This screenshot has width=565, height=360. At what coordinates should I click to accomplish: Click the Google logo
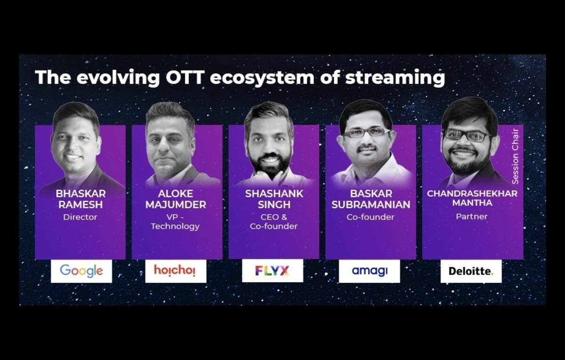pos(81,271)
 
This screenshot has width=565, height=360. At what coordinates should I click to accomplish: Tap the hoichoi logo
pos(175,270)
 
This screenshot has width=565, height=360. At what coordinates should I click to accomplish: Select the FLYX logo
pos(272,271)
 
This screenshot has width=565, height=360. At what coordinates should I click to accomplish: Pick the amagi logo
pos(370,271)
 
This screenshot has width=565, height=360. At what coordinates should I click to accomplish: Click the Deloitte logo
pos(471,271)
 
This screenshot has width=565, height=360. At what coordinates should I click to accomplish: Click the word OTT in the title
pos(185,77)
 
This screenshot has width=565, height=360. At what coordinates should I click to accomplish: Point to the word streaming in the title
pos(395,78)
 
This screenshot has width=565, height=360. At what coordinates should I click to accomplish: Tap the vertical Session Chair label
pos(515,157)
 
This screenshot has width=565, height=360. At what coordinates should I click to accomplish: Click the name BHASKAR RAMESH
pos(81,199)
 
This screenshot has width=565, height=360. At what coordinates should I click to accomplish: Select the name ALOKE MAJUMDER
pos(176,199)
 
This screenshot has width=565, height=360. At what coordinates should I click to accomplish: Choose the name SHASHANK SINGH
pos(274,199)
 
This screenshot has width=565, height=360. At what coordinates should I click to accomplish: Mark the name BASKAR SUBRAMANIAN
pos(371,199)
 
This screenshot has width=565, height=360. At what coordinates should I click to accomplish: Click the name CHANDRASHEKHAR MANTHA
pos(472,198)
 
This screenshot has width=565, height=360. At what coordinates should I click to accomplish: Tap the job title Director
pos(80,217)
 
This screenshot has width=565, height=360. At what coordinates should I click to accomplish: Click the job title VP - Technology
pos(175,222)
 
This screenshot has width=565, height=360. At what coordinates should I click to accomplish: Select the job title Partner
pos(472,216)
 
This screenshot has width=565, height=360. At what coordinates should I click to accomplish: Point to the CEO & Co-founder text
pos(274,222)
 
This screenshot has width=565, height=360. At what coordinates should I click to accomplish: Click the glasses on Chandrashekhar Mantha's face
pos(467,135)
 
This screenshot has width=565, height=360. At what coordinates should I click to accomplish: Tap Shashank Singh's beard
pos(270,162)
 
